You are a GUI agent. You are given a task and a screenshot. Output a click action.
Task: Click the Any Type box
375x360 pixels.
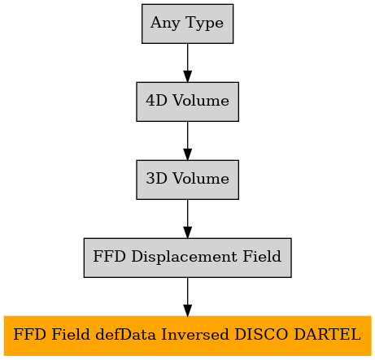[187, 24]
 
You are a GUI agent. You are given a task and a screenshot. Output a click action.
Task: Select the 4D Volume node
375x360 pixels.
[187, 102]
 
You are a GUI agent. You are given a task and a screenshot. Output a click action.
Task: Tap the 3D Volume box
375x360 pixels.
[187, 180]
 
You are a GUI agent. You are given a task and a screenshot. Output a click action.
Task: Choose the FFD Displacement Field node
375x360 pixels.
[187, 258]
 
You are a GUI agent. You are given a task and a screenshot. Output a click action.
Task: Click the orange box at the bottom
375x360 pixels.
[187, 336]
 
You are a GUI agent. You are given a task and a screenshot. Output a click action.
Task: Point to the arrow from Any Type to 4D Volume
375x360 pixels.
[187, 63]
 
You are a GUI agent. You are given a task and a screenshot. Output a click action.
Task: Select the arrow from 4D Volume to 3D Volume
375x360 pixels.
[187, 141]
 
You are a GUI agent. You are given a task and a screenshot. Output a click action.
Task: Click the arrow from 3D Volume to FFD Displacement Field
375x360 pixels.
[187, 219]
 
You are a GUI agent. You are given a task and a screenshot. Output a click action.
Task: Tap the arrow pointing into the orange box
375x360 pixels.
[187, 297]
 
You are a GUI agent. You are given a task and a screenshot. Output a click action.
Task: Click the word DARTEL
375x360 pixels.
[327, 334]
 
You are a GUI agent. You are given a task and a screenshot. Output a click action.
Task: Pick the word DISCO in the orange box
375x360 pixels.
[261, 334]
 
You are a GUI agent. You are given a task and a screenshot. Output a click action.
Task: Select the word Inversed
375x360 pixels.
[195, 334]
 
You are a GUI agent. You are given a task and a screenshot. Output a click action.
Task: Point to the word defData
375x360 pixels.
[125, 334]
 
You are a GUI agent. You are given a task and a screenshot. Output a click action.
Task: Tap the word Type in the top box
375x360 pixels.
[205, 24]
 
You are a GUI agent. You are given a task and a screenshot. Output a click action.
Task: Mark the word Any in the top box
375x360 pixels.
[165, 24]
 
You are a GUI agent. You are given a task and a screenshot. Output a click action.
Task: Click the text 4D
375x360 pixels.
[156, 100]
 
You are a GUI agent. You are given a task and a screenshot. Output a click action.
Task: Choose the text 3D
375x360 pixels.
[156, 178]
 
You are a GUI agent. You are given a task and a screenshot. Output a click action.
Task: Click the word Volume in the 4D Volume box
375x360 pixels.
[201, 100]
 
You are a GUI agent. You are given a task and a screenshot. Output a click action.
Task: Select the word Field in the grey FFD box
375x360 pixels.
[262, 256]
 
